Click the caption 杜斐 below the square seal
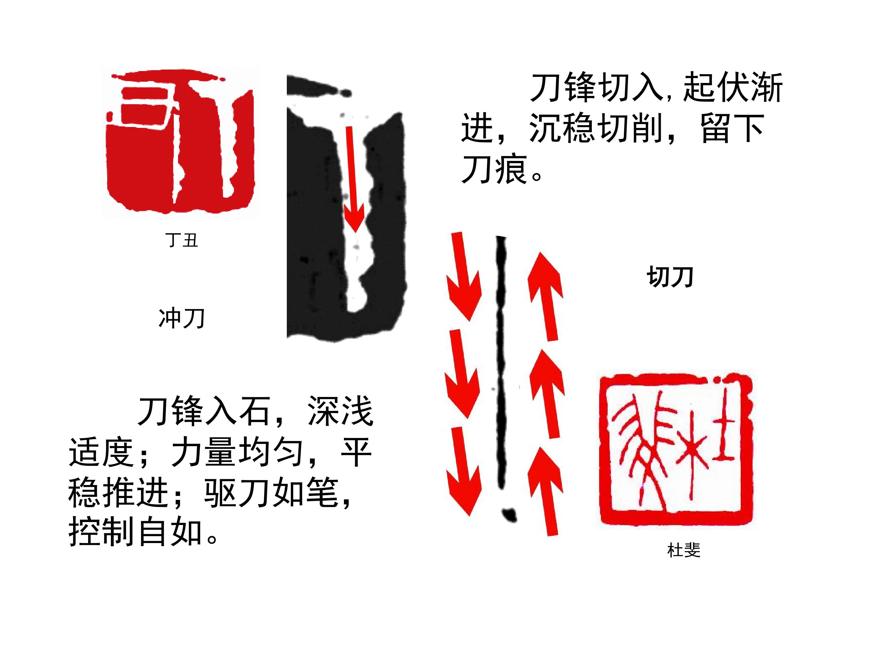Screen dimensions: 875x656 [684, 550]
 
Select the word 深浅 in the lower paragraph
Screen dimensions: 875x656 [340, 412]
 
